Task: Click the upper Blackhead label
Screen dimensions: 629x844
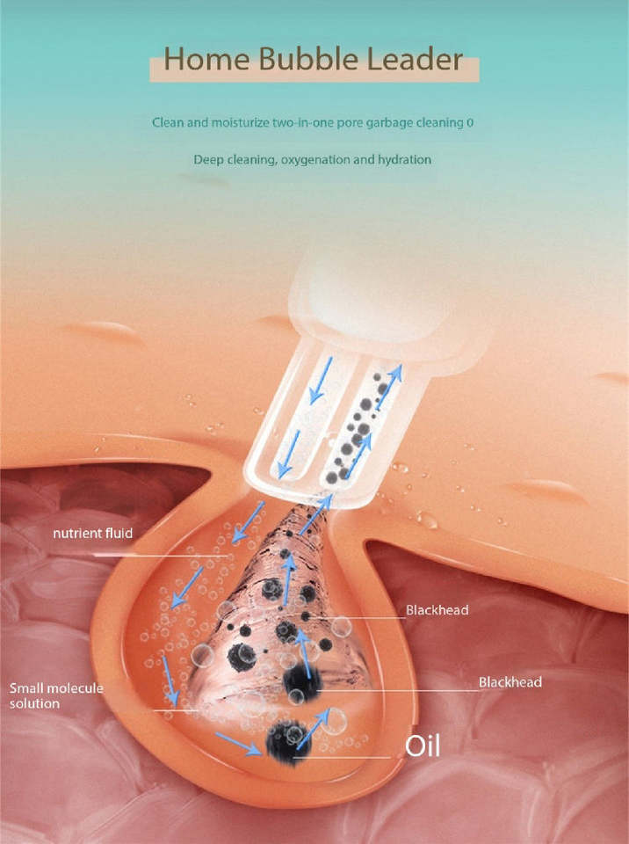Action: pyautogui.click(x=437, y=609)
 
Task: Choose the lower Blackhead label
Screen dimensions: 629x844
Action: pyautogui.click(x=510, y=681)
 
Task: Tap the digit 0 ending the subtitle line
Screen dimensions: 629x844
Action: pyautogui.click(x=470, y=122)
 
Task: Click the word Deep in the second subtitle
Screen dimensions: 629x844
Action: pyautogui.click(x=208, y=160)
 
